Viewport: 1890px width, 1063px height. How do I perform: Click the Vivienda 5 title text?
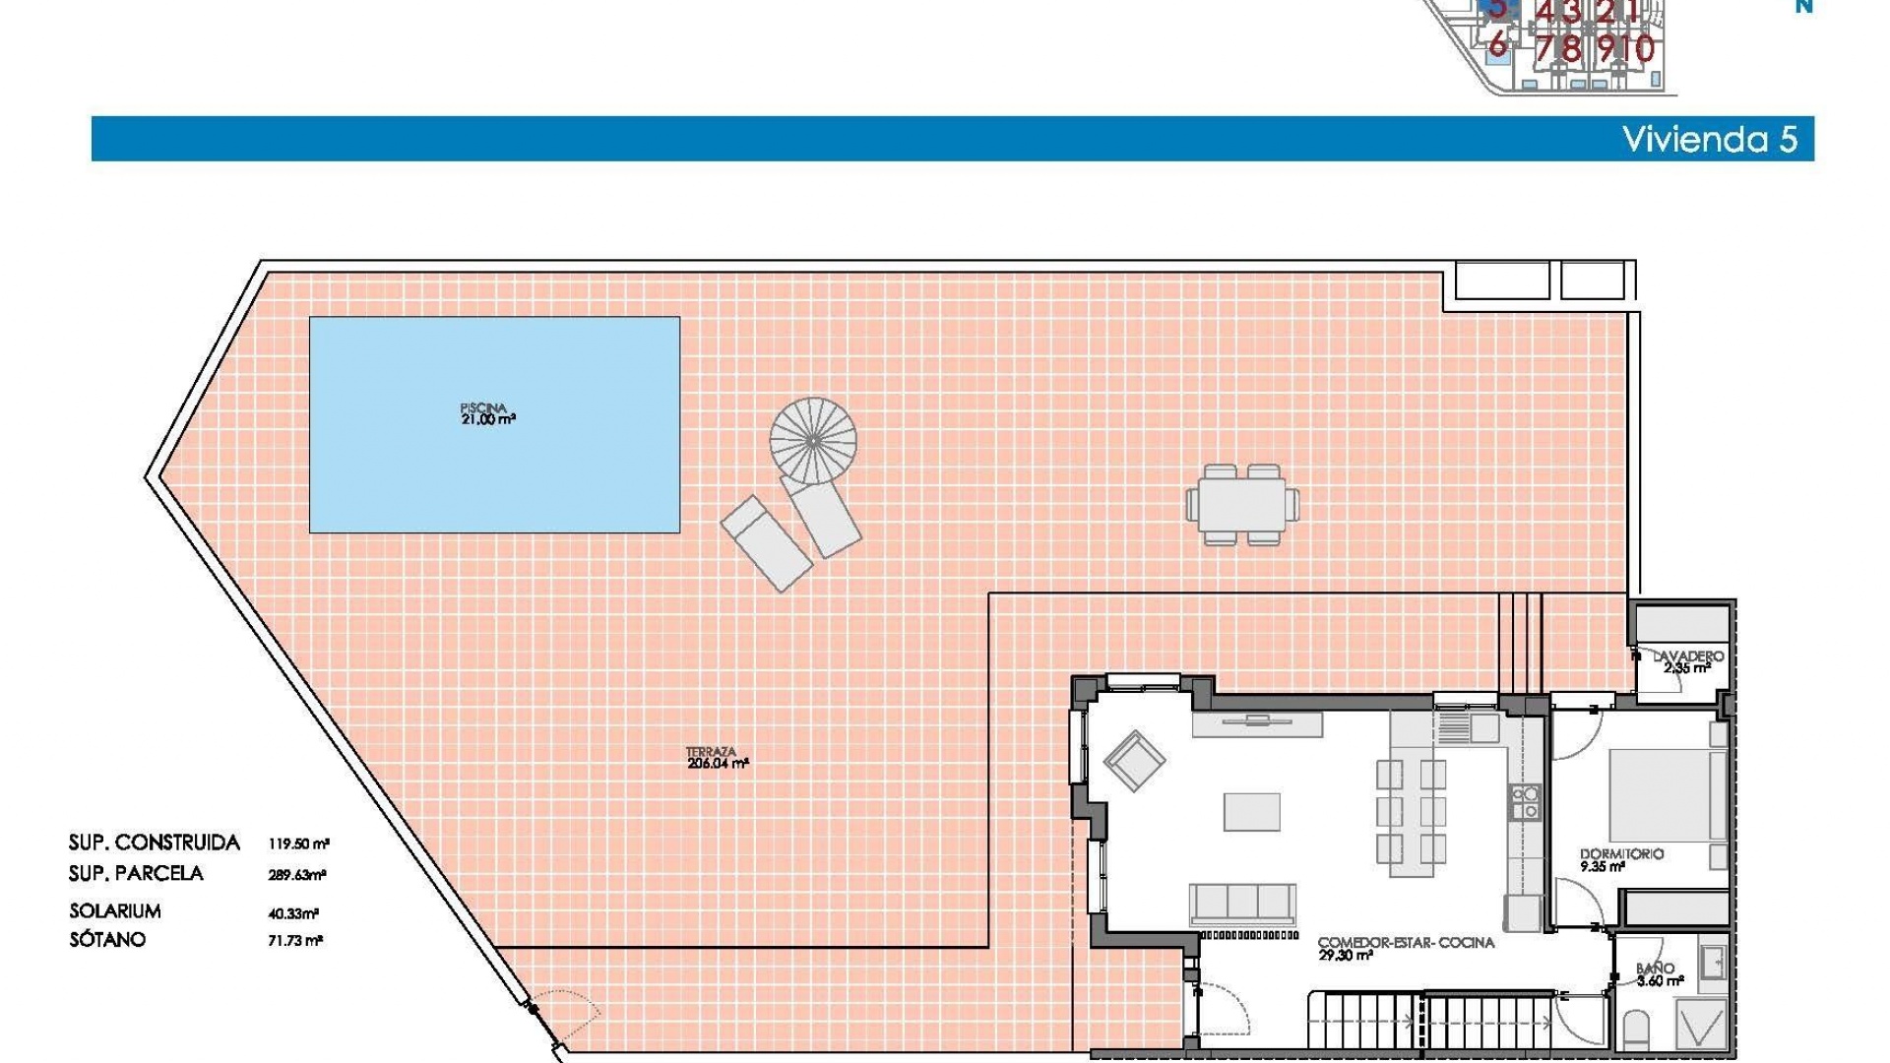pos(1709,139)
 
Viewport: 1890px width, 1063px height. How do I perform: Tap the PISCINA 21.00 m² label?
pos(486,413)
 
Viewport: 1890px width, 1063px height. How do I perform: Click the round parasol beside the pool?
pos(813,441)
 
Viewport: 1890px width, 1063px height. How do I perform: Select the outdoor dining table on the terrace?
pos(1242,504)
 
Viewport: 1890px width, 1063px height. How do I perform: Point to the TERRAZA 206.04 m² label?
pos(717,757)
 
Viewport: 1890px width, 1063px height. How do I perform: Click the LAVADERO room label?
pos(1687,660)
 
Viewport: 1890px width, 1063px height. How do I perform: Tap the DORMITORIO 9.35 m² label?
pos(1620,859)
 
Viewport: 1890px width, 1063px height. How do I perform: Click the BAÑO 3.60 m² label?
pos(1659,974)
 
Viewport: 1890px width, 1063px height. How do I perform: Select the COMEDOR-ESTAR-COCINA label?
pos(1405,948)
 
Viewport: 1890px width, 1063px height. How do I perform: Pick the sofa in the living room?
pos(1242,903)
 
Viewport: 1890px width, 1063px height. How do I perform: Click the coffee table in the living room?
pos(1252,812)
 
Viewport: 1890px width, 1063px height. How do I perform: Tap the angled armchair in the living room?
pos(1134,760)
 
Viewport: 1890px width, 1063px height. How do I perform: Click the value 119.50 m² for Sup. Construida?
pos(298,844)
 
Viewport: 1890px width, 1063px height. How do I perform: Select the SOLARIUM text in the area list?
pos(115,910)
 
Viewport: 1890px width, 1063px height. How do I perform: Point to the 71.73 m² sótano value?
pos(295,940)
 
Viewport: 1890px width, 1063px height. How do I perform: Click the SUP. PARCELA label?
pos(136,873)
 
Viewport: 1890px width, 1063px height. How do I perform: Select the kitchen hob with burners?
pos(1526,802)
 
